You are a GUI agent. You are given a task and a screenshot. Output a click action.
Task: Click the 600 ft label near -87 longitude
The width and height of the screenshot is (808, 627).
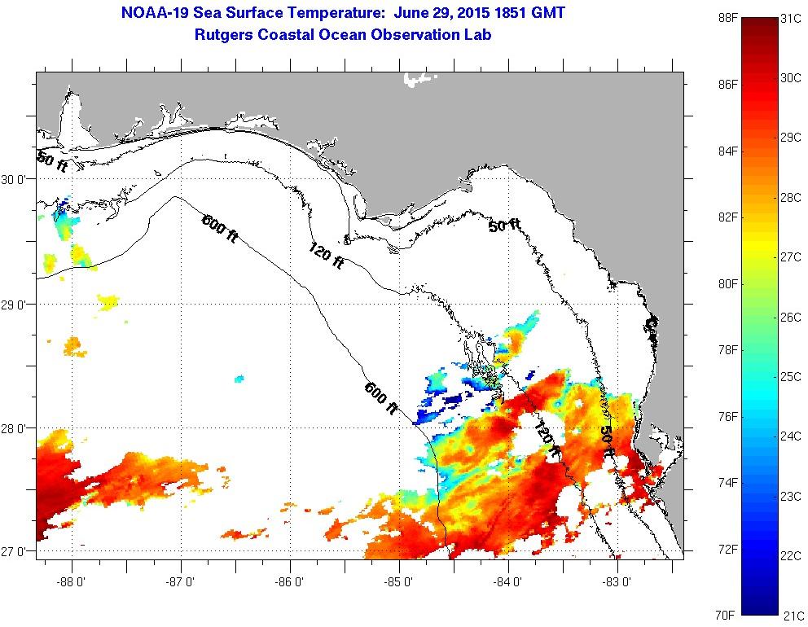pos(219,226)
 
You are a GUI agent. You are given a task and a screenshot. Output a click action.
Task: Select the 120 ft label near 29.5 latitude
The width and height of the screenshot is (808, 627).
pos(325,256)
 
